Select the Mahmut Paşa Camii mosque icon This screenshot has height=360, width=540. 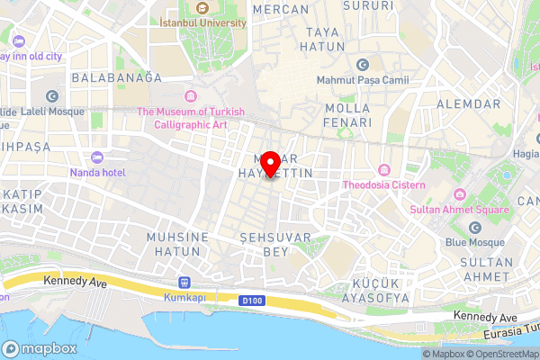363,65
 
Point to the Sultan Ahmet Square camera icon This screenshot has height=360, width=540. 460,194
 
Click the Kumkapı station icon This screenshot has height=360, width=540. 184,281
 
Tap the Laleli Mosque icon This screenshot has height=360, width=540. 52,96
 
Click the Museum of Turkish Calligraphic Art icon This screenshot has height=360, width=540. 190,96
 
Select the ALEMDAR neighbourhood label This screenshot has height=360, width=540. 462,104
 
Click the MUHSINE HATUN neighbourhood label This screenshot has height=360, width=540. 177,244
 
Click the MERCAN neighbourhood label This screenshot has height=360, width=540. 282,8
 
